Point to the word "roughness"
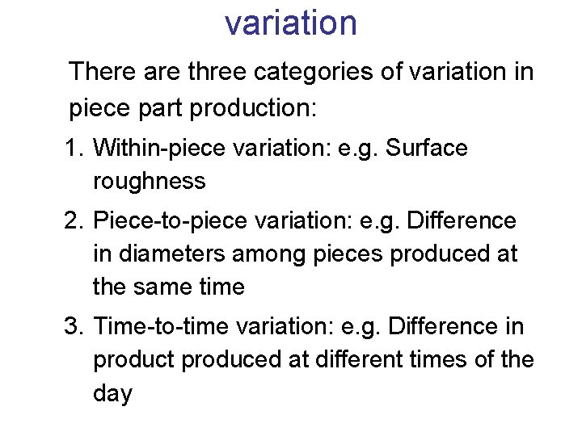[x=150, y=182]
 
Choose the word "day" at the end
[x=112, y=394]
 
